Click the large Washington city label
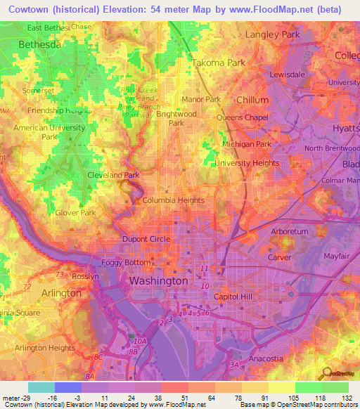click(x=158, y=280)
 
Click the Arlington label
click(x=61, y=292)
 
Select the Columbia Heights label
click(x=173, y=200)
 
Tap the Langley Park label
click(x=271, y=34)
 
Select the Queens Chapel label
click(x=242, y=117)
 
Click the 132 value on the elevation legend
click(x=347, y=398)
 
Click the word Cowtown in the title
click(x=33, y=10)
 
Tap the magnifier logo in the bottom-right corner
click(x=326, y=373)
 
